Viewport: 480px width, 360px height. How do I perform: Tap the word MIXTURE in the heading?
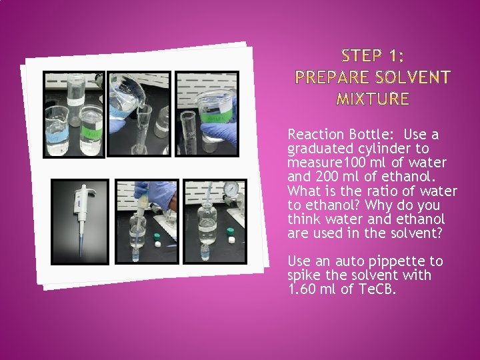point(373,99)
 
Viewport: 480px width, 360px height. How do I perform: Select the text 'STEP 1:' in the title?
point(373,56)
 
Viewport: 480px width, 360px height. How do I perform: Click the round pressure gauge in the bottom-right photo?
point(231,189)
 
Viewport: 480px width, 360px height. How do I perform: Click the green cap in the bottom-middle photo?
point(157,236)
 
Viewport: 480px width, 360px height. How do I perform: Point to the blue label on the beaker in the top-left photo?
point(57,136)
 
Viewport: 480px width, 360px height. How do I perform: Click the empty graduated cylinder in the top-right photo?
point(189,133)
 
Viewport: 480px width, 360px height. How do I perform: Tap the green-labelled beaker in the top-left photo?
point(91,130)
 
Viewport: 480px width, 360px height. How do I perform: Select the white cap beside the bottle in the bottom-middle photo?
point(158,244)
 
